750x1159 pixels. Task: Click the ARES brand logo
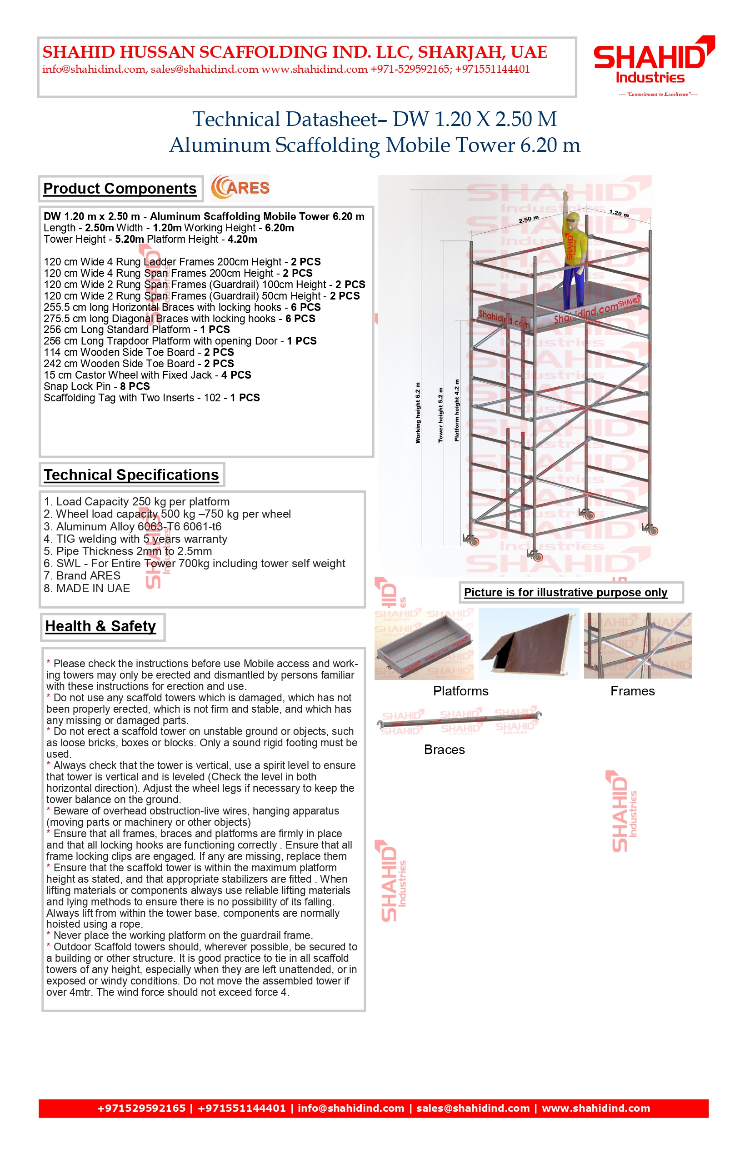[240, 188]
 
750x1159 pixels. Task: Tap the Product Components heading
[120, 189]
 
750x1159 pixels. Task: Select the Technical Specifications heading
[131, 475]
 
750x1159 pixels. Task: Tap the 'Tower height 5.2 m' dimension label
[441, 415]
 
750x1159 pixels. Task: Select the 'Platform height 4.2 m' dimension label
[456, 410]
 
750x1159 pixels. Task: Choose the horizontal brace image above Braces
[459, 720]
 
